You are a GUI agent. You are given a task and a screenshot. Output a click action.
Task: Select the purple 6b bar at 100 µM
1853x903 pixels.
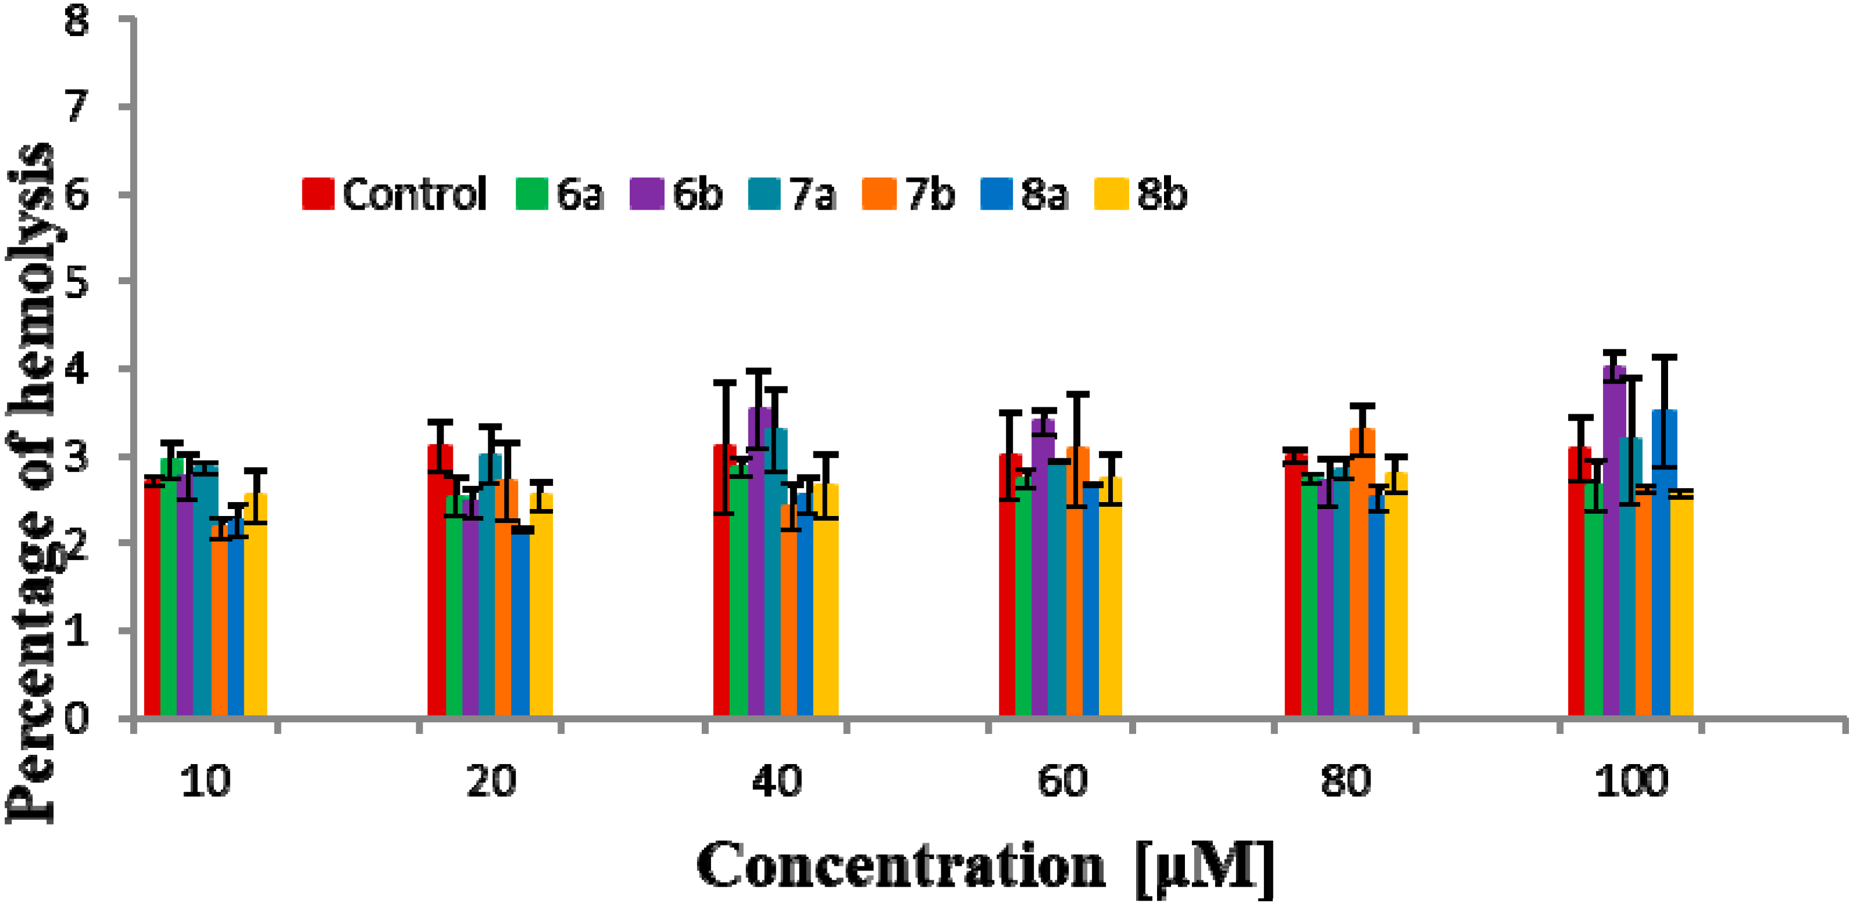[x=1613, y=546]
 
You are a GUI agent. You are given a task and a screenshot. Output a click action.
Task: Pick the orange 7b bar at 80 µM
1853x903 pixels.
[x=1362, y=575]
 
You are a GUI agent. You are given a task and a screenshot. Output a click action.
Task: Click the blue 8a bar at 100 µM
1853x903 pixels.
[x=1664, y=568]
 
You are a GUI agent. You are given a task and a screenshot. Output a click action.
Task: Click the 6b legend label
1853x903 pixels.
[x=697, y=194]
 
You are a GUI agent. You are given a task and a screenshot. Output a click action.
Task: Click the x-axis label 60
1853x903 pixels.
[x=1062, y=782]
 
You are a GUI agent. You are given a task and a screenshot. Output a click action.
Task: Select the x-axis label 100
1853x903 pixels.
[x=1631, y=782]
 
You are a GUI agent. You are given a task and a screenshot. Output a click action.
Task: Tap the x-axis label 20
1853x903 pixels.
[x=491, y=782]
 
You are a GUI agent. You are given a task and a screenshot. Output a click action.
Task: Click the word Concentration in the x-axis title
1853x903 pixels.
[x=899, y=866]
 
